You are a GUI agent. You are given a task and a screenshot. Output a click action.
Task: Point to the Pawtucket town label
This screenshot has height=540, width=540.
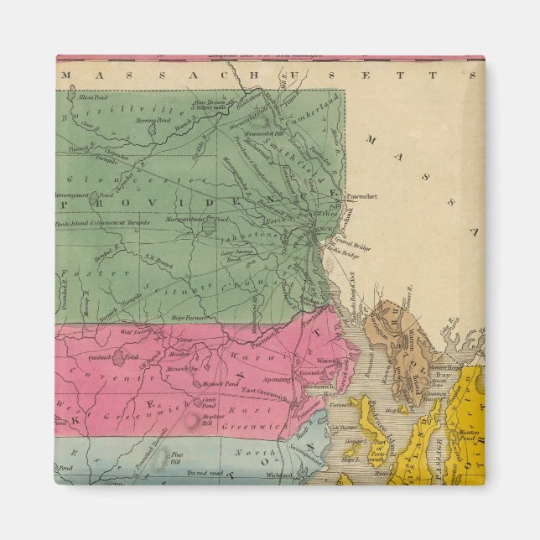click(362, 195)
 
